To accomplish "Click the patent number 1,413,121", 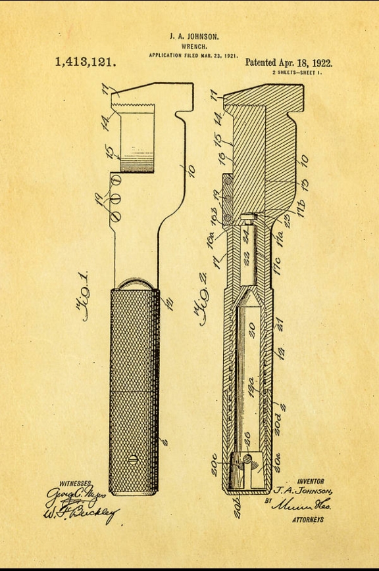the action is (86, 62).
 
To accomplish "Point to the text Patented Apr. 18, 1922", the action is (289, 63).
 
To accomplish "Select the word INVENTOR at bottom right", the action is (310, 482).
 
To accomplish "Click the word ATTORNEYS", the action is (307, 520).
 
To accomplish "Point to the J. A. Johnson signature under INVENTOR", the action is (303, 491).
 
